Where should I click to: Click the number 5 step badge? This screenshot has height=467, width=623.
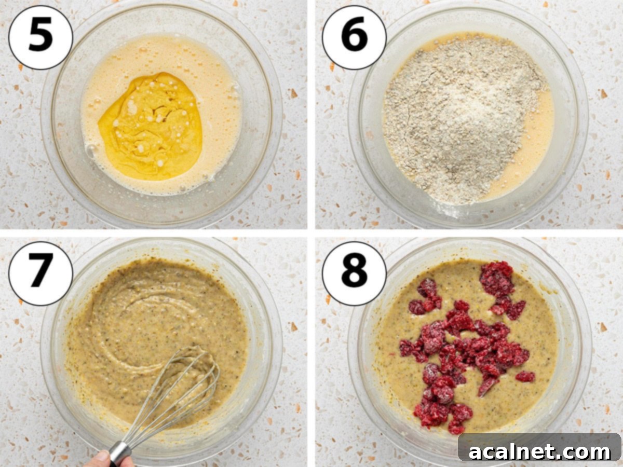point(40,38)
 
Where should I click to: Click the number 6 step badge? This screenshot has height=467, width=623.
point(354,38)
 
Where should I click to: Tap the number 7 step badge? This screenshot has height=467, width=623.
point(40,273)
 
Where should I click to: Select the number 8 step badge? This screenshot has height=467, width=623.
point(354,273)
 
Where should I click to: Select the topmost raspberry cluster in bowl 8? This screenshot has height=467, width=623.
point(496,280)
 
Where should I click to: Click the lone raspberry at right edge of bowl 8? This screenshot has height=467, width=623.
point(525,376)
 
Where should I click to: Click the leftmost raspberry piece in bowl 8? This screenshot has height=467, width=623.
point(406,348)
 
